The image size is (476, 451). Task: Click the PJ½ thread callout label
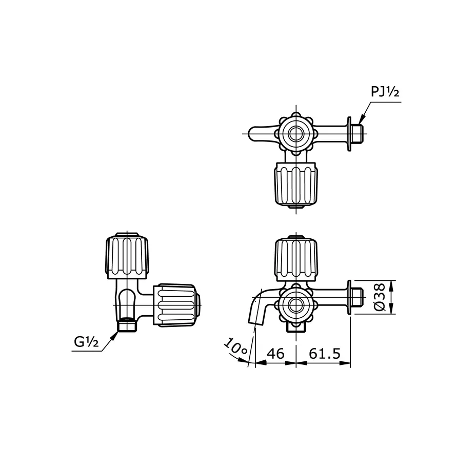[385, 92]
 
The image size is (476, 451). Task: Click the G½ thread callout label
[87, 342]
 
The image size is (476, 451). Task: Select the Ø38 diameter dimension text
[380, 297]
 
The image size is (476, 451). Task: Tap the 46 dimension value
[275, 354]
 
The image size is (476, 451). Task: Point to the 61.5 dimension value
[325, 354]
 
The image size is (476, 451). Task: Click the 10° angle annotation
[236, 346]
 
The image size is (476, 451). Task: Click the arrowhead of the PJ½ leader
[362, 119]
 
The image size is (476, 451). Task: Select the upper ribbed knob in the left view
[127, 256]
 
